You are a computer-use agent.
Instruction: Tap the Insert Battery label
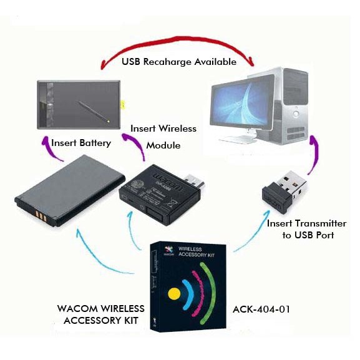(x=81, y=143)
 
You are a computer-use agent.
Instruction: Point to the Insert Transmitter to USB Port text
(x=306, y=229)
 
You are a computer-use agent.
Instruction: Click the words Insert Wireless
(x=163, y=129)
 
